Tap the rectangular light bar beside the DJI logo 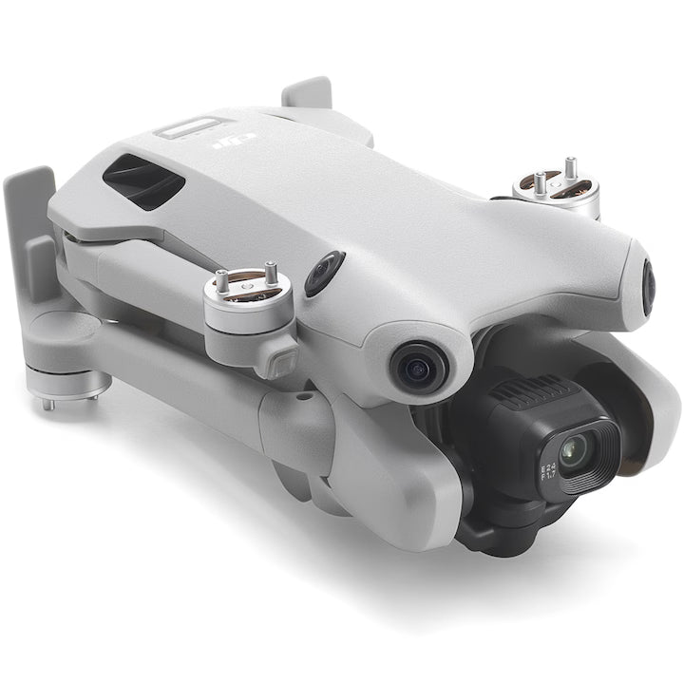188,127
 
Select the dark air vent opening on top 142,181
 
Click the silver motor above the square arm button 246,304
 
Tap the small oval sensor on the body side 324,273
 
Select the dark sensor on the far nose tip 648,287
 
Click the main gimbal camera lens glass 572,452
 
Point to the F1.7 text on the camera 549,479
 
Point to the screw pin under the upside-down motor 47,404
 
